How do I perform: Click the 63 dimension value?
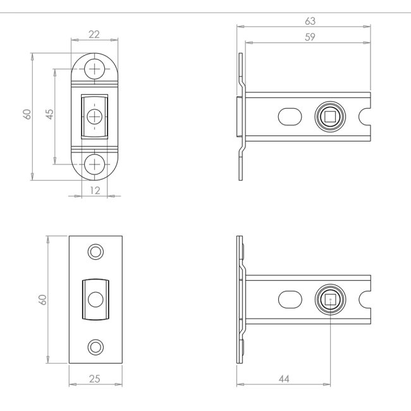(x=310, y=21)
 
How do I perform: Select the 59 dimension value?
(x=310, y=37)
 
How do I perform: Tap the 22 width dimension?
(x=94, y=34)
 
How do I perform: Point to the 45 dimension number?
(x=49, y=114)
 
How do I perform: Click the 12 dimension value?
(x=95, y=190)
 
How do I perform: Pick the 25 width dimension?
(x=95, y=379)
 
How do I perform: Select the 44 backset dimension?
(x=284, y=379)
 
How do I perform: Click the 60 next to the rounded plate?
(x=27, y=114)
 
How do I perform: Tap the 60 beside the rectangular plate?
(x=42, y=300)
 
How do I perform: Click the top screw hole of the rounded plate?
(x=95, y=69)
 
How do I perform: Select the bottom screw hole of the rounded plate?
(x=95, y=164)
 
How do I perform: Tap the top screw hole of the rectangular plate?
(x=95, y=252)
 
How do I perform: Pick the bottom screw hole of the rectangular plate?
(x=95, y=347)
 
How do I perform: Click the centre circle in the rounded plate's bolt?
(x=95, y=116)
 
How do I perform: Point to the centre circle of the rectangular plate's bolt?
(x=95, y=299)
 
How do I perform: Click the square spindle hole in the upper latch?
(x=330, y=116)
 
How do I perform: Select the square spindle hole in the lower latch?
(x=330, y=299)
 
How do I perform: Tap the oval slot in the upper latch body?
(x=290, y=116)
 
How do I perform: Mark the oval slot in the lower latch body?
(x=290, y=299)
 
